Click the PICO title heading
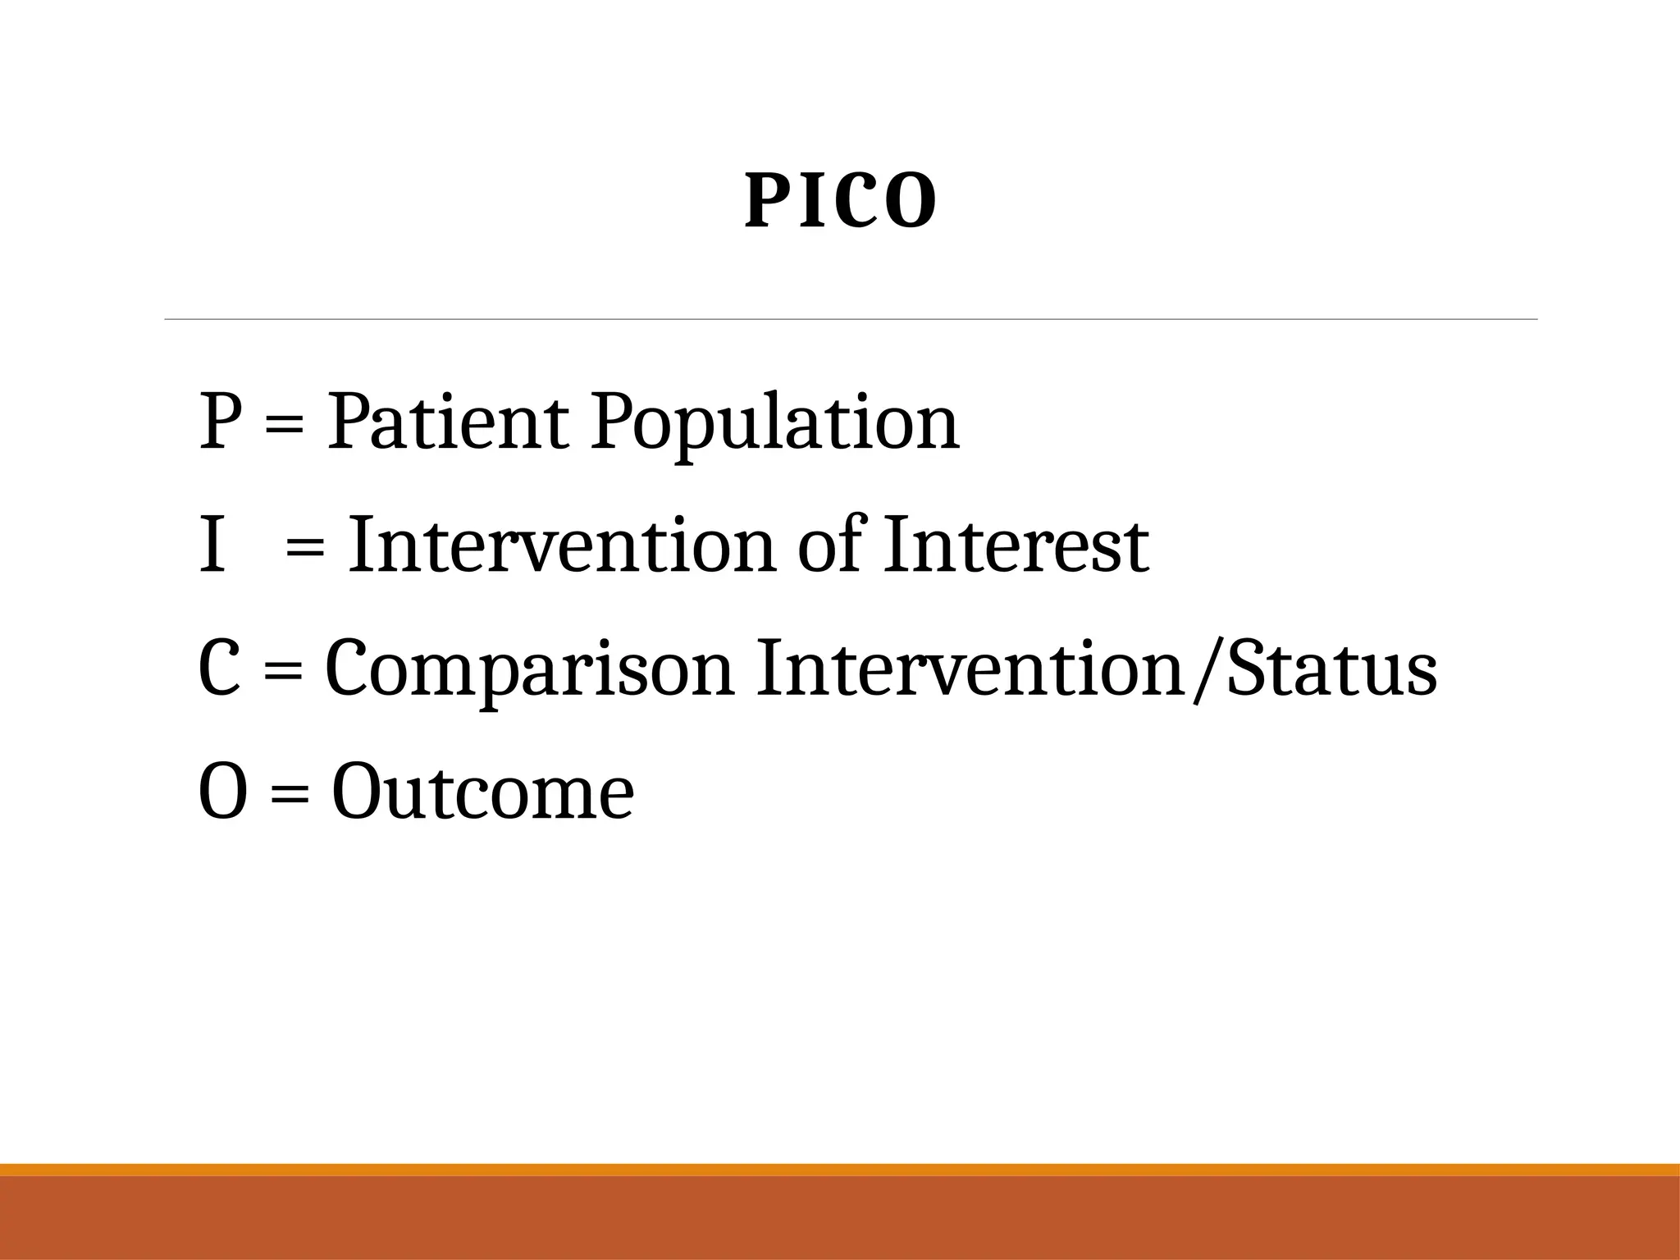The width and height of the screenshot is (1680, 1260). [840, 202]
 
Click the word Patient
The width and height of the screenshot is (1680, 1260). [448, 423]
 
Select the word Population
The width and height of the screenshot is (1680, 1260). [774, 423]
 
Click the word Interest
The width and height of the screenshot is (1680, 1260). [1016, 546]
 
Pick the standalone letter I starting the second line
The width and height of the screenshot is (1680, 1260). [212, 546]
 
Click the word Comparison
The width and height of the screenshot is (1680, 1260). [529, 669]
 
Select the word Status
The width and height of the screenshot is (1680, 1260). [1332, 669]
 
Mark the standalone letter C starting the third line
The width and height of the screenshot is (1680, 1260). [219, 669]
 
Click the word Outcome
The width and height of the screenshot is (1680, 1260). [482, 792]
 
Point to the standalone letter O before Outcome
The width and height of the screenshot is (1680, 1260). [222, 792]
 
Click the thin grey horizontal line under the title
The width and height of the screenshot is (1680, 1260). [850, 319]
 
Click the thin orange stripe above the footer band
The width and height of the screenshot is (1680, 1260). [840, 1170]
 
